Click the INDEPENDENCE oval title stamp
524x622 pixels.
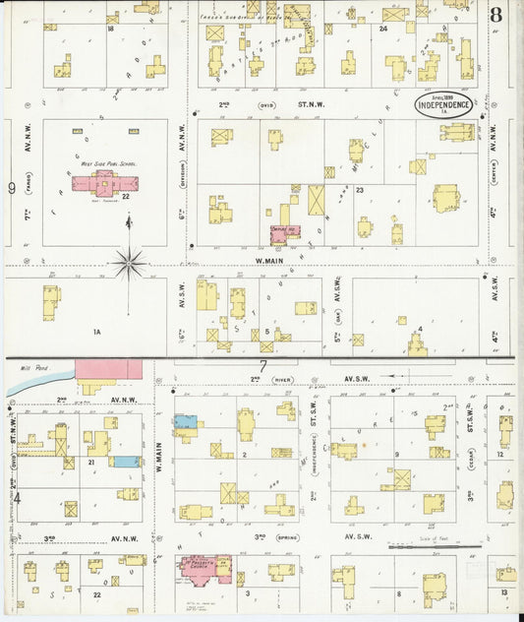[446, 105]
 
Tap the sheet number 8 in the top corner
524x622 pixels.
[496, 15]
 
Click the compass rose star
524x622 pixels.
[128, 262]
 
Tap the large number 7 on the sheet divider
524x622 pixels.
[262, 366]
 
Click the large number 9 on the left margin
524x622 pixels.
[12, 187]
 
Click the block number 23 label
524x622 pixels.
[360, 189]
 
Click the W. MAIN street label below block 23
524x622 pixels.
[269, 260]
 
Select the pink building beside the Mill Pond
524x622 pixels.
[108, 372]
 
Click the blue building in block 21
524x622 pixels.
[124, 461]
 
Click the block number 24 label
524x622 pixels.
[380, 30]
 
